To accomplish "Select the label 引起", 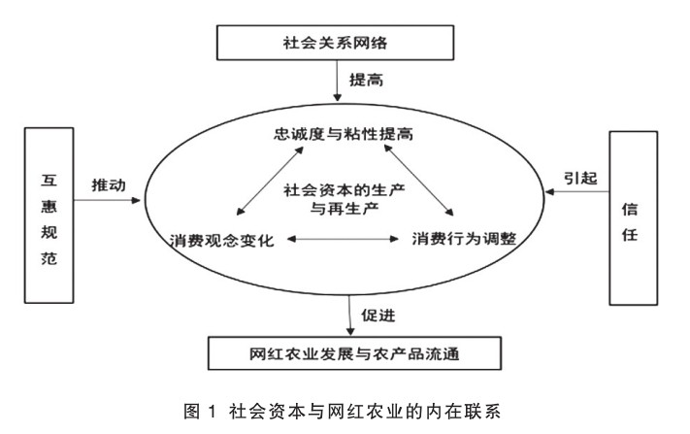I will pos(582,177).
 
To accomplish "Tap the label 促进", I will pos(380,315).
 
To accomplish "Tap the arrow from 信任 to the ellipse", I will pos(579,194).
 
